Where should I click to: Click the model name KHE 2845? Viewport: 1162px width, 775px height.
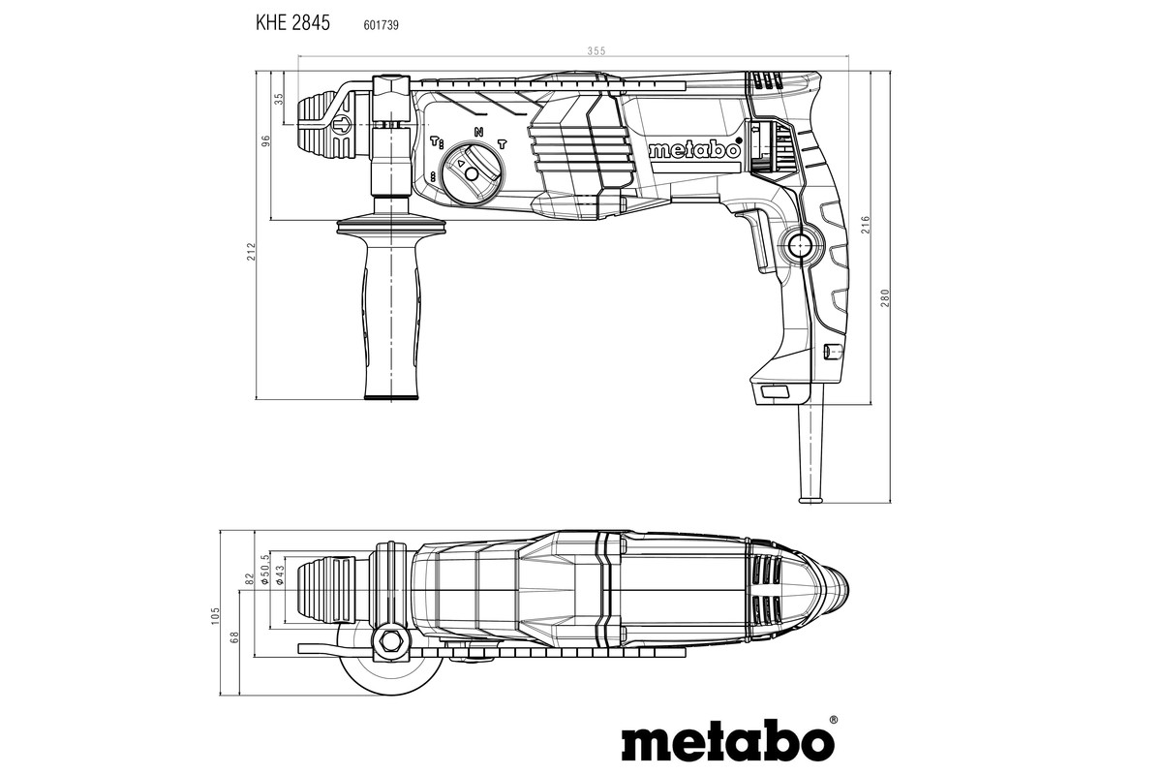[x=292, y=24]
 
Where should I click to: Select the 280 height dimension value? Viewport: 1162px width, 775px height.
[x=883, y=297]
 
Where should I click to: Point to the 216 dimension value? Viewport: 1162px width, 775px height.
[x=865, y=225]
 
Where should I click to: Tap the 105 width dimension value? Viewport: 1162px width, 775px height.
[x=216, y=615]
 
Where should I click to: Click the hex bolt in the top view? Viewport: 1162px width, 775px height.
[x=391, y=640]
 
